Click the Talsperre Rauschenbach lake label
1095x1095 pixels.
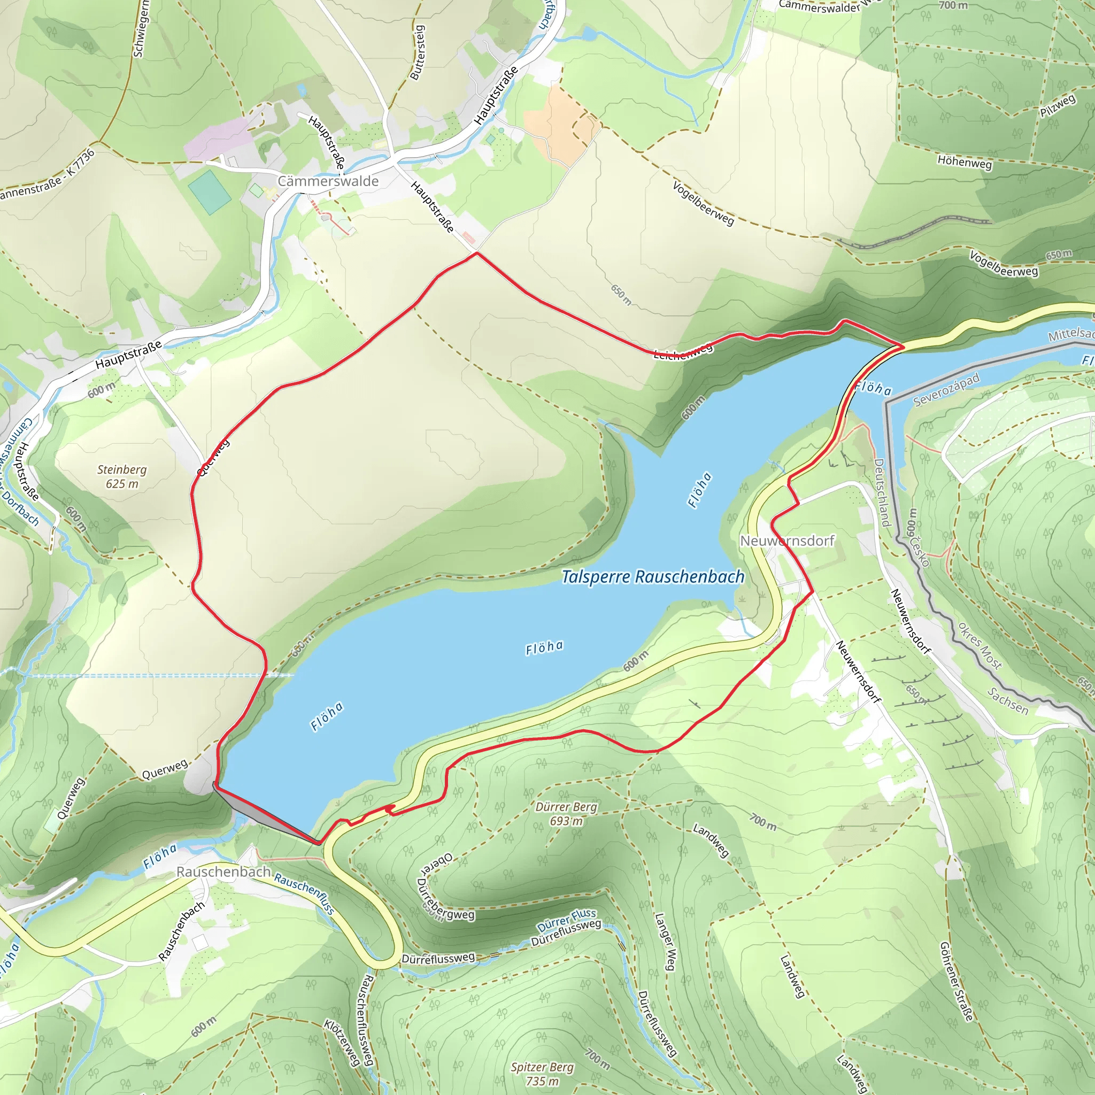(652, 577)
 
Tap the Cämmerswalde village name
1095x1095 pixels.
(328, 181)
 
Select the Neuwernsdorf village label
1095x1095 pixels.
(787, 541)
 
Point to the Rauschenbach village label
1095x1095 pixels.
(223, 872)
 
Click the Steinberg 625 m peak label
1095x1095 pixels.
(122, 476)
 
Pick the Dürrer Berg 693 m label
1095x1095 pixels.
(566, 814)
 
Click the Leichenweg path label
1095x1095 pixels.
(683, 351)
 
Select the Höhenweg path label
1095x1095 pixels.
(965, 162)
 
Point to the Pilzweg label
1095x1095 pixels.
(1058, 106)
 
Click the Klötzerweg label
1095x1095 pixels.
(342, 1042)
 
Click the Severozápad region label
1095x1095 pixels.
(946, 390)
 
